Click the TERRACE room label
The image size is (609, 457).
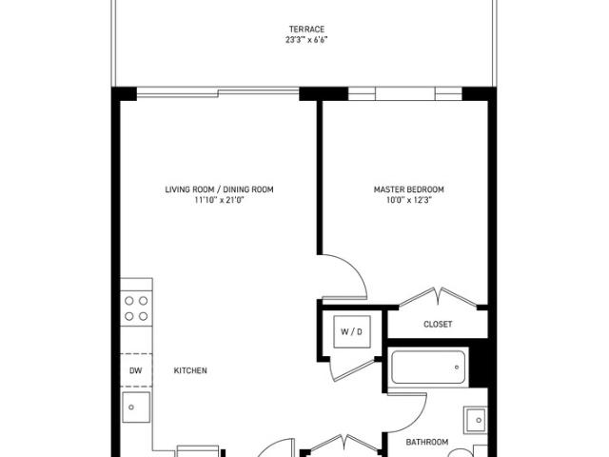coord(306,30)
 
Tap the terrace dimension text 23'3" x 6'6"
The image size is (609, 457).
coord(306,40)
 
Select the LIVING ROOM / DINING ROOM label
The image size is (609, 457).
coord(219,189)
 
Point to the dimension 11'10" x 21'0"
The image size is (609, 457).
coord(219,200)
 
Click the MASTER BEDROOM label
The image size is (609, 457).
coord(408,189)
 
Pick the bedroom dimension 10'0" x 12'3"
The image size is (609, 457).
coord(409,200)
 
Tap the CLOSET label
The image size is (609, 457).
coord(438,324)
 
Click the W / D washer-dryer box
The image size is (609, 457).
coord(352,331)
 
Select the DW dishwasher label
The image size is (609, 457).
coord(135,370)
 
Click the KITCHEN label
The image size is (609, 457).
coord(190,370)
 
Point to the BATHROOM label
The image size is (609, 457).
coord(427,442)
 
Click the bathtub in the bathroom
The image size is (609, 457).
coord(428,367)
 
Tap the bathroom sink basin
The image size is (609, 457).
coord(476,420)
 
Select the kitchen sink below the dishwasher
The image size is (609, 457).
coord(135,407)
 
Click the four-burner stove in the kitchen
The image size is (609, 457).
coord(136,308)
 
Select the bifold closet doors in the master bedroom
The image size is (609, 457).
coord(438,296)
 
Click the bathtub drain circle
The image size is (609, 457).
coord(457,367)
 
